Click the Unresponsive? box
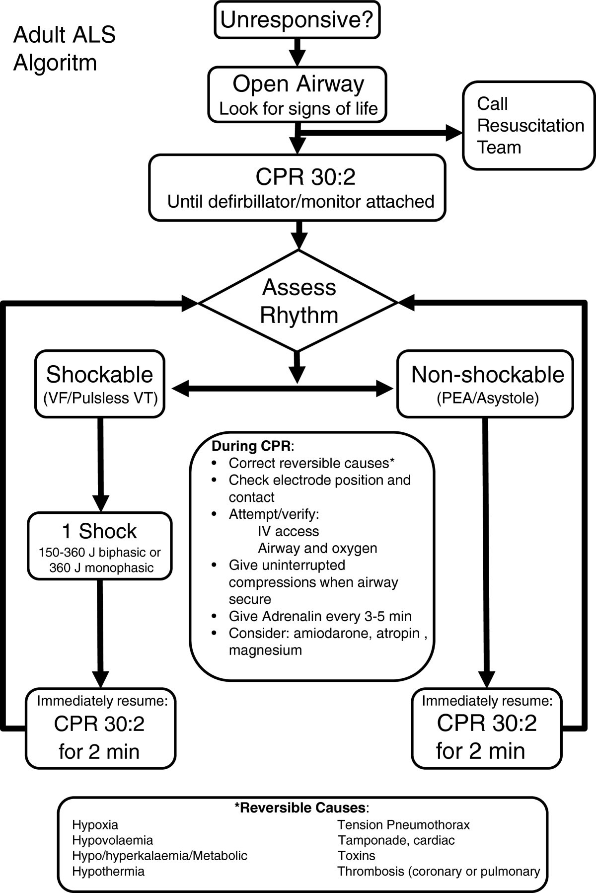[297, 20]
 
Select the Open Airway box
[297, 94]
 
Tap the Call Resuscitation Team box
[529, 126]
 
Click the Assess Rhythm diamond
[298, 301]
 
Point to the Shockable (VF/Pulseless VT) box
[100, 384]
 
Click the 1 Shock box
[100, 546]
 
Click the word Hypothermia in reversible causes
[108, 871]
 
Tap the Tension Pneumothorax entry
[403, 825]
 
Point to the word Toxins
[356, 856]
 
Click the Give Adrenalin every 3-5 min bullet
[319, 616]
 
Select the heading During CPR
[251, 446]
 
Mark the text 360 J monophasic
[101, 568]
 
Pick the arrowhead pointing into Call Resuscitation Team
[453, 133]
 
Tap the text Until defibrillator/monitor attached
[300, 201]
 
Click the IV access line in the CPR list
[288, 531]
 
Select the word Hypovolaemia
[112, 840]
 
